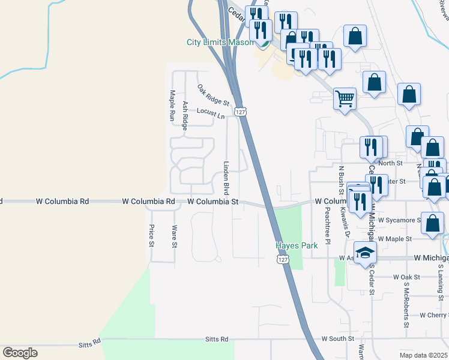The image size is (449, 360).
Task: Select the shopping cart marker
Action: tap(345, 98)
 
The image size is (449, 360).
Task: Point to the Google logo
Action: tap(20, 352)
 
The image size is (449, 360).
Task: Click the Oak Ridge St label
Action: tap(213, 95)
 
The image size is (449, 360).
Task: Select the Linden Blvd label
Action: tap(227, 178)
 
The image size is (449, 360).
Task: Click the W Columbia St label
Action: tap(213, 202)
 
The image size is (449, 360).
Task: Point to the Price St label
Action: tap(151, 235)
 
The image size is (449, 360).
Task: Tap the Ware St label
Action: tap(174, 236)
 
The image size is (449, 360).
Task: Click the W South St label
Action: tap(337, 339)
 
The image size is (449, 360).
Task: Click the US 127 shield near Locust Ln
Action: tap(241, 112)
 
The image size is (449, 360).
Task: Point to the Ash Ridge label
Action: tap(185, 115)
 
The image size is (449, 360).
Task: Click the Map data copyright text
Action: tap(424, 355)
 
